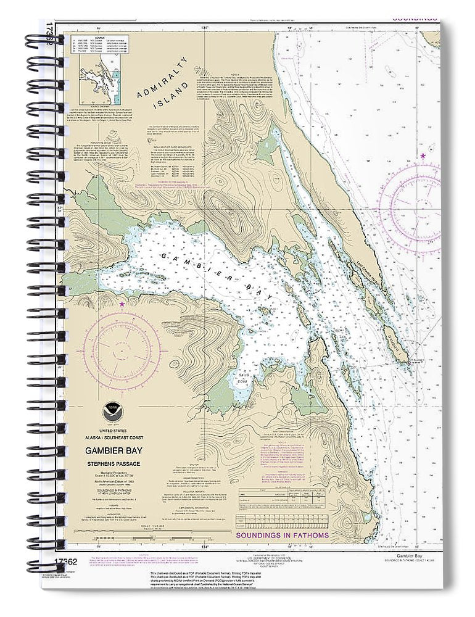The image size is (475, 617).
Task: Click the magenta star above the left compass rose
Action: click(x=122, y=304)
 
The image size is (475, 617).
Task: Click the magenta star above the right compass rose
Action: click(x=423, y=155)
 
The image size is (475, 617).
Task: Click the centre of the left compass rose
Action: click(x=121, y=346)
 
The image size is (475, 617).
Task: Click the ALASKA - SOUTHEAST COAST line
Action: click(x=112, y=434)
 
